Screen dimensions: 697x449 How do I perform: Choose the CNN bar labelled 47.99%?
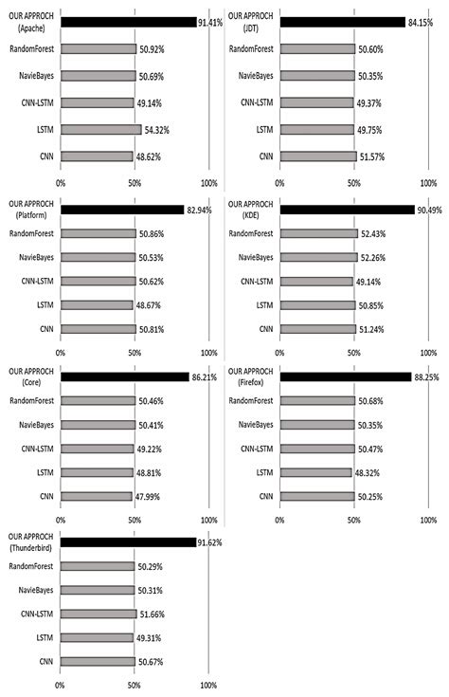tap(97, 495)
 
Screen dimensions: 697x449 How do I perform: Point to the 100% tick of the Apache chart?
tap(209, 182)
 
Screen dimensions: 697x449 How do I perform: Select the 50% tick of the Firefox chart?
tap(353, 519)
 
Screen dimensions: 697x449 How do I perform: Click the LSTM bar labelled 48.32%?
tap(316, 471)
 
